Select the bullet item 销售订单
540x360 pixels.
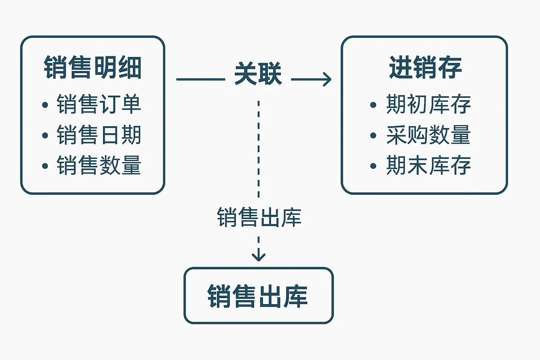pos(99,104)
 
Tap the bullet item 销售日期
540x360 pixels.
pos(99,135)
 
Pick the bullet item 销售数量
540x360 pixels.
pos(99,165)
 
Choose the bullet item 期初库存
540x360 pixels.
pos(429,104)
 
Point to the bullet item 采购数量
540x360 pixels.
pos(429,135)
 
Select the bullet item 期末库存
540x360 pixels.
pos(429,165)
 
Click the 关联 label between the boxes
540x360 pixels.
pos(258,73)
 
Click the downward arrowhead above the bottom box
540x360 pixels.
pos(259,257)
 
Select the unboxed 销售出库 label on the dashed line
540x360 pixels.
pos(259,217)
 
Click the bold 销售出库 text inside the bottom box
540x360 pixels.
pos(257,296)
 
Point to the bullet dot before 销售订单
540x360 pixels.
pos(45,105)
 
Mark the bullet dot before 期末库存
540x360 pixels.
pos(373,166)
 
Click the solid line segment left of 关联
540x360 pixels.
pos(201,79)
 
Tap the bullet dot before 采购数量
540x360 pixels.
pos(373,135)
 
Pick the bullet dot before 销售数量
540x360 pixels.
pos(45,166)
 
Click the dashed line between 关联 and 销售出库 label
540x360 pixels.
pos(259,149)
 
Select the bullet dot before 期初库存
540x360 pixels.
pos(373,105)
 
